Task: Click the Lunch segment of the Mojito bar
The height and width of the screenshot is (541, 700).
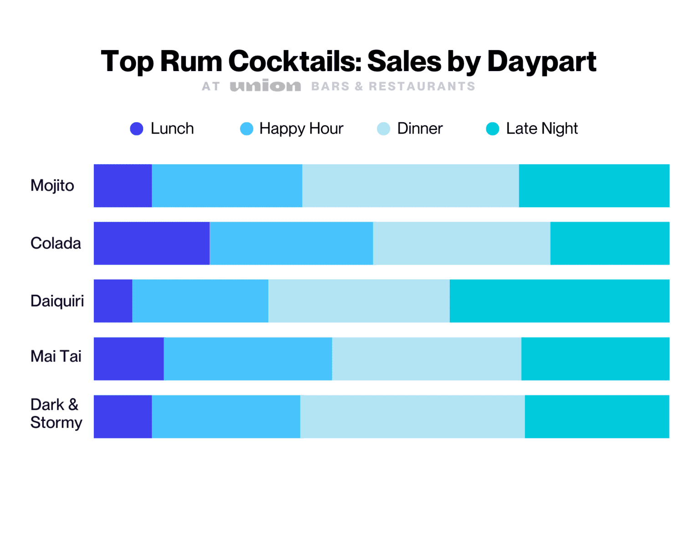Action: (x=123, y=185)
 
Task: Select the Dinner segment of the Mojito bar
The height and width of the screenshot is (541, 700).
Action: (x=410, y=185)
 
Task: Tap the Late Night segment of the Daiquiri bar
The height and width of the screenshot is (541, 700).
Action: (x=559, y=301)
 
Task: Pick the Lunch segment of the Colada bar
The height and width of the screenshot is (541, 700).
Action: (x=151, y=243)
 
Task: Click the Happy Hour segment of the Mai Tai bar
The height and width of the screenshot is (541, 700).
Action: (x=247, y=359)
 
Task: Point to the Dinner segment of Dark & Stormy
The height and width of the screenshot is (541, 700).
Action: (x=412, y=417)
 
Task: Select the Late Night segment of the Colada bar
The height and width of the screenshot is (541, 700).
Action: (x=610, y=243)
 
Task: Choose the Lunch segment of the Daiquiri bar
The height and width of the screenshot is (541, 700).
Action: (x=113, y=301)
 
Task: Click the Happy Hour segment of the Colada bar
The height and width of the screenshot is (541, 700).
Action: (x=291, y=243)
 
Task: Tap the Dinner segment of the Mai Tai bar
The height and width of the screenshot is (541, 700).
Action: (x=427, y=359)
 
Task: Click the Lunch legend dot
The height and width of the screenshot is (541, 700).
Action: (x=137, y=129)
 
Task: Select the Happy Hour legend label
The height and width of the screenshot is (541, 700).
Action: (x=301, y=129)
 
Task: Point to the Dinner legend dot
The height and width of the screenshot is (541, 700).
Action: (x=384, y=129)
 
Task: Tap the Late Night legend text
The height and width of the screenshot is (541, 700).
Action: (x=541, y=129)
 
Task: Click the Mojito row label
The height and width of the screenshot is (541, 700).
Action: (x=52, y=185)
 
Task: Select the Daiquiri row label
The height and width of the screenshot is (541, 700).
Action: (x=57, y=301)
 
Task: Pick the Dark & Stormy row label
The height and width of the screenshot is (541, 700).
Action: (x=56, y=413)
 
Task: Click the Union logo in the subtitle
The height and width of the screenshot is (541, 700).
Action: (x=265, y=86)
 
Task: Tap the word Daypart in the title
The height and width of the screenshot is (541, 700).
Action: (x=541, y=62)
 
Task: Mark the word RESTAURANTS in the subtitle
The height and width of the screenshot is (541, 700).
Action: (x=422, y=86)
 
